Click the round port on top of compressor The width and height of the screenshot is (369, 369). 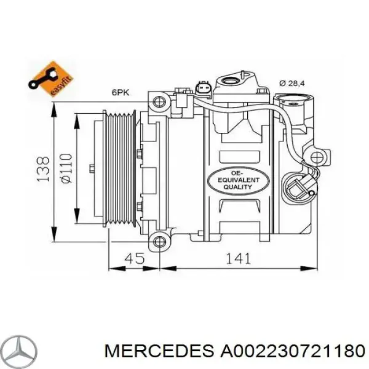coord(233,81)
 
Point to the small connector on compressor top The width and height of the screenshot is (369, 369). coord(204,89)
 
